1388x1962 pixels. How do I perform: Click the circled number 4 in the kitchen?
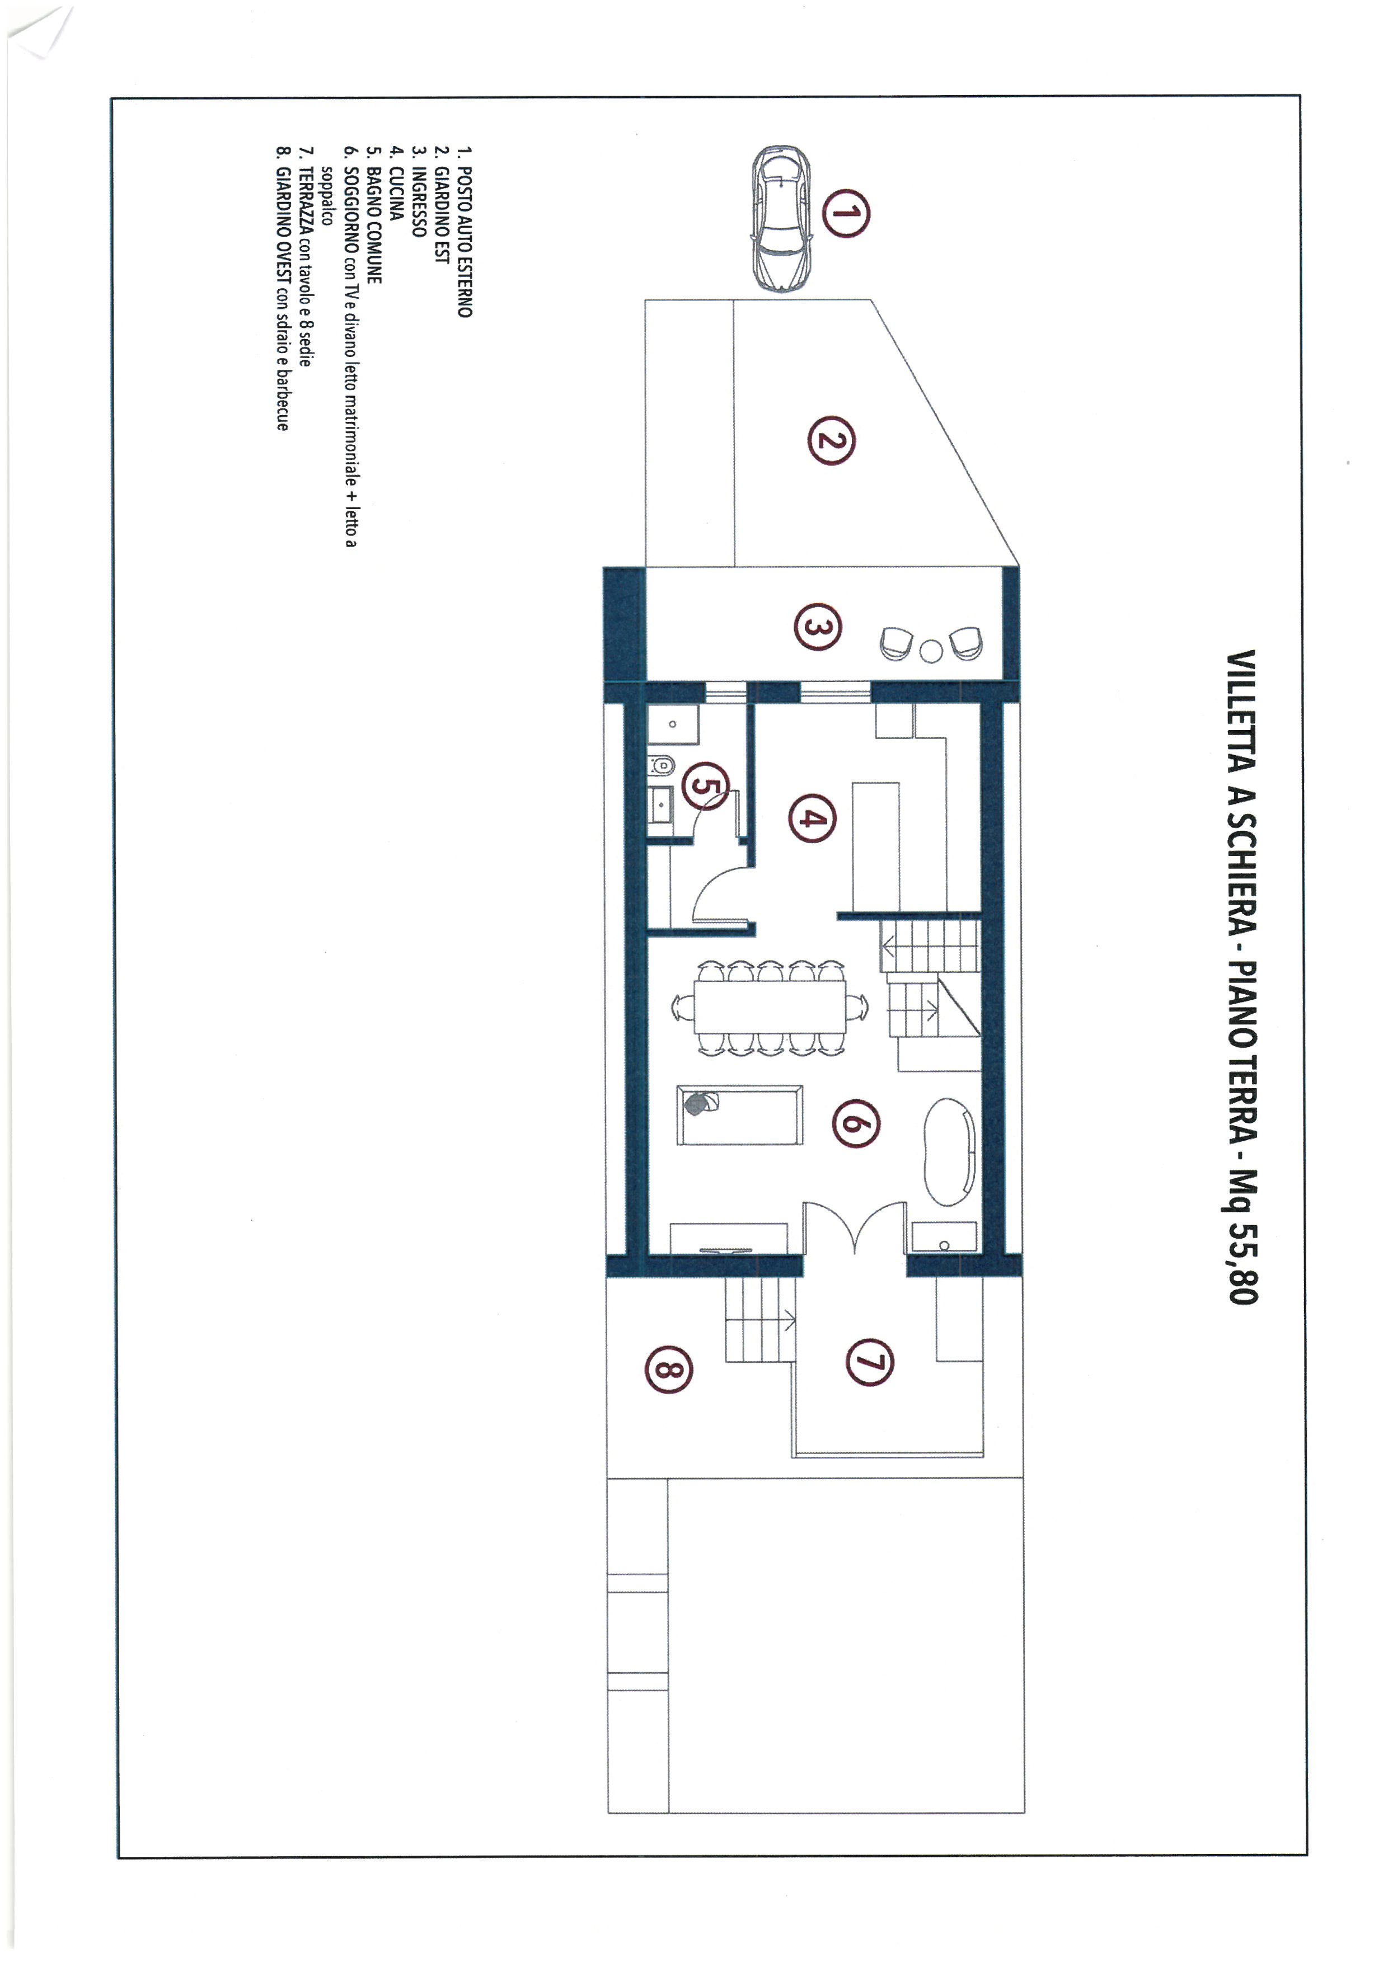pyautogui.click(x=812, y=818)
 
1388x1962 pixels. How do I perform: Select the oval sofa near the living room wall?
pyautogui.click(x=950, y=1151)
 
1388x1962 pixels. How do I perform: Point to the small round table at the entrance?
pyautogui.click(x=932, y=652)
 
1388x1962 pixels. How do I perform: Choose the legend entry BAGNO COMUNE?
pyautogui.click(x=373, y=225)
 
